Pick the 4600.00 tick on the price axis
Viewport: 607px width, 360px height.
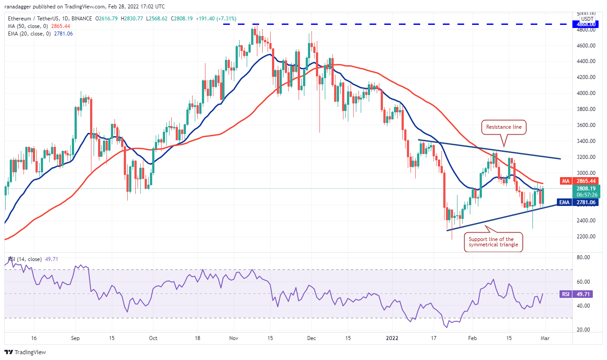tap(586, 45)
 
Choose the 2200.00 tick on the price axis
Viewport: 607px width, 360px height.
tap(586, 237)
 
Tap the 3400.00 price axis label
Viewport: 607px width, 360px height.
tap(586, 141)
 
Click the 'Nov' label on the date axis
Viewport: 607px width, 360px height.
tap(234, 338)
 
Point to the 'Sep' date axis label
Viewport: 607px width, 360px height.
tap(75, 338)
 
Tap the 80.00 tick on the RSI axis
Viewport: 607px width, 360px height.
tap(585, 257)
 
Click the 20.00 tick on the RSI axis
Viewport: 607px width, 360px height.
tap(585, 330)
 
